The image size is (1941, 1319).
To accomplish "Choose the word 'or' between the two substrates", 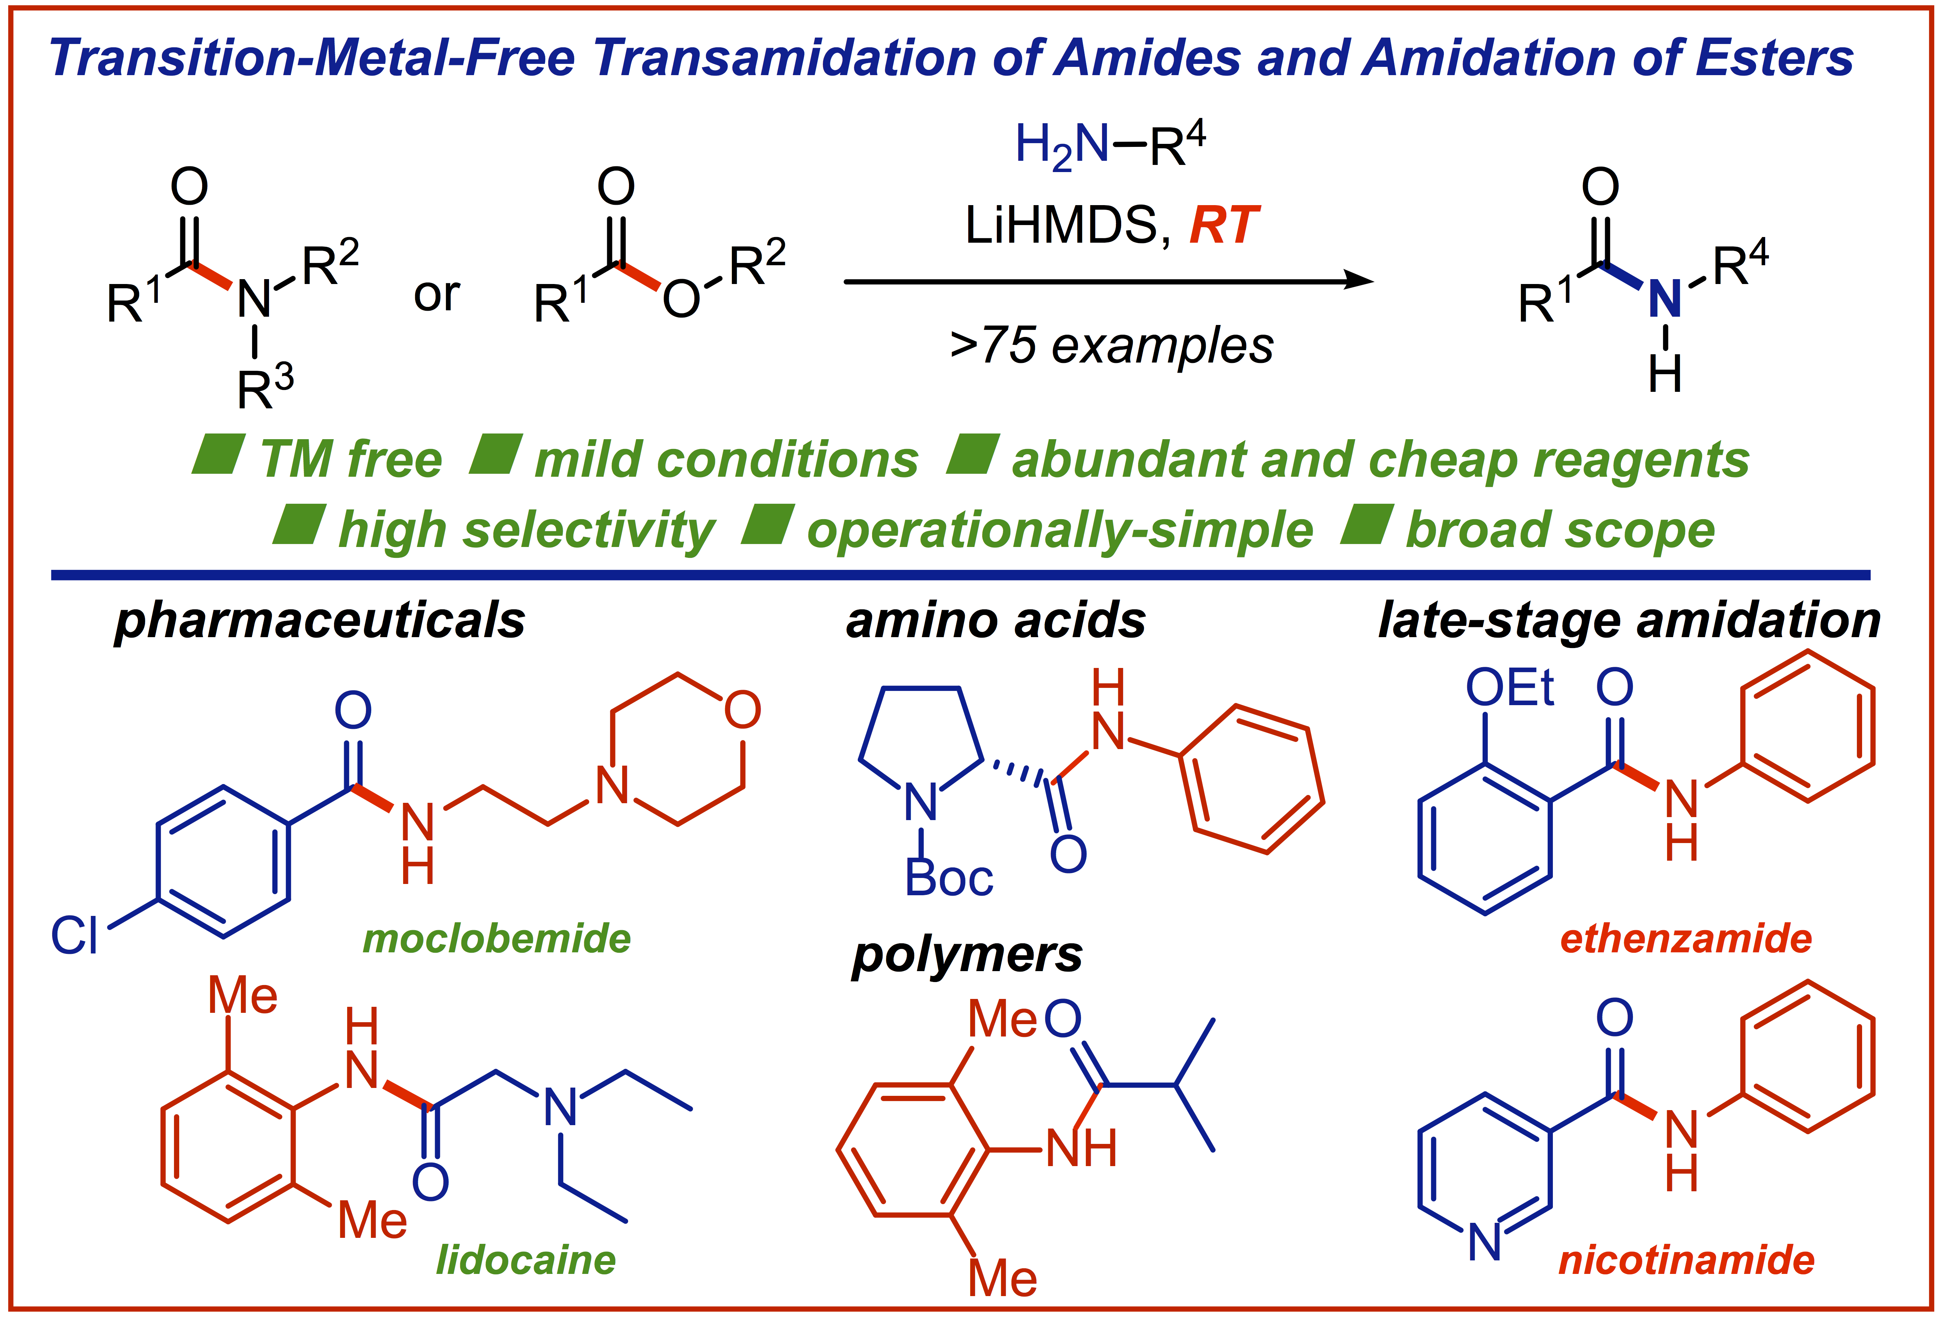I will click(x=436, y=294).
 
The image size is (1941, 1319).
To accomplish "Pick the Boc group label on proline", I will click(x=949, y=879).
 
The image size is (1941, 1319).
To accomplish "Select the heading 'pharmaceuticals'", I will click(x=320, y=621).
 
